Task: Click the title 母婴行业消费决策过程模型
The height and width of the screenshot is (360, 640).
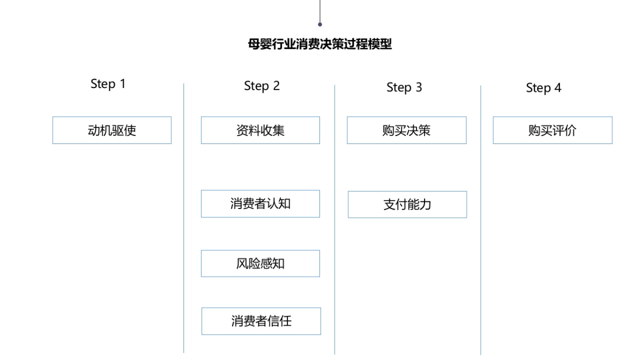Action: pyautogui.click(x=320, y=44)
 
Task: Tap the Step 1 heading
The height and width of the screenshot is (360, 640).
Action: pyautogui.click(x=108, y=84)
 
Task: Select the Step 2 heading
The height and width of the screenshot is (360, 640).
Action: pyautogui.click(x=262, y=86)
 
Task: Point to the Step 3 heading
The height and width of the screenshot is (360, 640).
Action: pyautogui.click(x=404, y=87)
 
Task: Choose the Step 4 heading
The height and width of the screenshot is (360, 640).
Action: pyautogui.click(x=543, y=88)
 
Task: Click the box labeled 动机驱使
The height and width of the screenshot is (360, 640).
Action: pyautogui.click(x=112, y=130)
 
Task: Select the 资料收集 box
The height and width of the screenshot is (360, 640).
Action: pyautogui.click(x=260, y=130)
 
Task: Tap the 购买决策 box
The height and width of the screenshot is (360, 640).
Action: pyautogui.click(x=406, y=130)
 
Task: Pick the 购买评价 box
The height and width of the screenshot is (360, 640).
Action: pyautogui.click(x=553, y=130)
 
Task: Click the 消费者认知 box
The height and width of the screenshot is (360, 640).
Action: pyautogui.click(x=260, y=204)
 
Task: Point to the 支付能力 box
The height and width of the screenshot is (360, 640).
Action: pyautogui.click(x=407, y=204)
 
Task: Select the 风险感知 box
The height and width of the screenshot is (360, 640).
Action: pyautogui.click(x=260, y=263)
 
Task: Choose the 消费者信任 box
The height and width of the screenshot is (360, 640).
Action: pyautogui.click(x=261, y=321)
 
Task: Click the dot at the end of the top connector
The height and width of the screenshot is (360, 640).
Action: pyautogui.click(x=320, y=25)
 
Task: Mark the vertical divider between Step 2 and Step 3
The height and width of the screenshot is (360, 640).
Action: pyautogui.click(x=335, y=219)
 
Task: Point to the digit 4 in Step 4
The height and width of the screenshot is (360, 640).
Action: pyautogui.click(x=558, y=88)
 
